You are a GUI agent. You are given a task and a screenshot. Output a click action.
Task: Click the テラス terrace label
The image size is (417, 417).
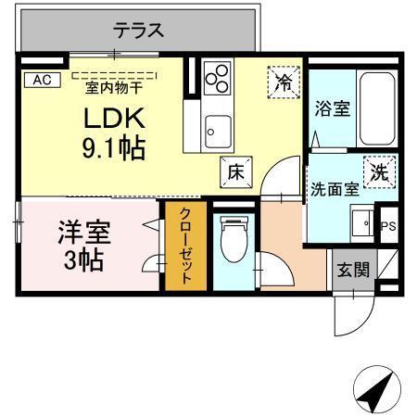tap(139, 31)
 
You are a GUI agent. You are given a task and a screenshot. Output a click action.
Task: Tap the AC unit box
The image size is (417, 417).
tap(42, 80)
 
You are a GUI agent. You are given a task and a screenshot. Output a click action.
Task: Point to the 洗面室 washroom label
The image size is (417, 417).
tap(334, 190)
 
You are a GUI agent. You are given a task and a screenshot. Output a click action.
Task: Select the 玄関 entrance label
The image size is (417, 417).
tap(353, 271)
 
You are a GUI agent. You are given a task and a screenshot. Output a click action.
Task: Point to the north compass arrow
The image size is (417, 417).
tap(372, 392)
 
